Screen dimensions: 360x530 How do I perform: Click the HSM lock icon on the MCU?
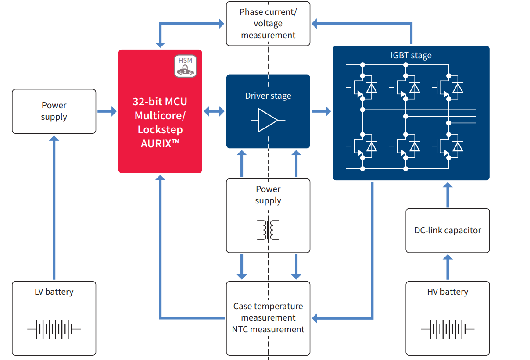pyautogui.click(x=185, y=66)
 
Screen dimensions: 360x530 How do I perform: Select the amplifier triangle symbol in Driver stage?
pyautogui.click(x=268, y=120)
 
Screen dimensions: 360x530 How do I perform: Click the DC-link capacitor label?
pyautogui.click(x=448, y=230)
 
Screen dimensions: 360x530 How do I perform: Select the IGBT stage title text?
pyautogui.click(x=411, y=56)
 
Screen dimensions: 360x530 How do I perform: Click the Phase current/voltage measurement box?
pyautogui.click(x=268, y=24)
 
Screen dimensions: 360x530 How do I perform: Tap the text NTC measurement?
pyautogui.click(x=268, y=329)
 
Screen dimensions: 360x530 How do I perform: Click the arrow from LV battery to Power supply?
pyautogui.click(x=54, y=208)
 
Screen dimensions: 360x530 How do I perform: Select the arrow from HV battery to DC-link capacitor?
pyautogui.click(x=448, y=267)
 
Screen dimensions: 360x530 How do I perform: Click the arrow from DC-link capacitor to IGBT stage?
pyautogui.click(x=448, y=195)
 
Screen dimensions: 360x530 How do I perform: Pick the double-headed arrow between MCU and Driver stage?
pyautogui.click(x=214, y=111)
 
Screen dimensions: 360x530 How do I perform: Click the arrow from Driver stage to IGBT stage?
pyautogui.click(x=321, y=111)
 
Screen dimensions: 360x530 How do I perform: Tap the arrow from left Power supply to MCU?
pyautogui.click(x=107, y=111)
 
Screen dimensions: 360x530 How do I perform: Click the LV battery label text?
pyautogui.click(x=54, y=292)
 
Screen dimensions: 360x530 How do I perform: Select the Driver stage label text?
pyautogui.click(x=268, y=96)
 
